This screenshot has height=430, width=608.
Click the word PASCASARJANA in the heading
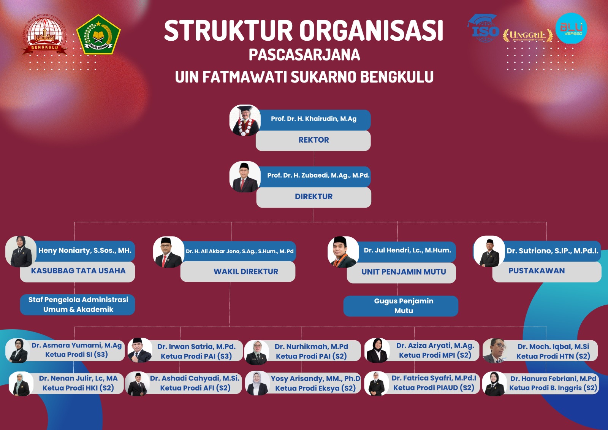(x=304, y=55)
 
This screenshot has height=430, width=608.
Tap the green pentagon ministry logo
(x=98, y=35)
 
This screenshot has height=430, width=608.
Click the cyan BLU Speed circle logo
(x=572, y=28)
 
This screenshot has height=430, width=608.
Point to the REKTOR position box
(x=313, y=140)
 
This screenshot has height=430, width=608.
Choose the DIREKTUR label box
(x=313, y=197)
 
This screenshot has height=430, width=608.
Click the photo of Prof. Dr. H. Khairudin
(x=245, y=121)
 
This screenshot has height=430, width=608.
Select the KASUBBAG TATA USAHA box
(x=78, y=271)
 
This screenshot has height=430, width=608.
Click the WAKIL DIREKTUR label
(x=246, y=271)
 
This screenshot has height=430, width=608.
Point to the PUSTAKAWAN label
(x=537, y=271)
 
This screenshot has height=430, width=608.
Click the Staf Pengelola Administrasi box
(x=78, y=305)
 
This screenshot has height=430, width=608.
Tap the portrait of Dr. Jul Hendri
(x=343, y=252)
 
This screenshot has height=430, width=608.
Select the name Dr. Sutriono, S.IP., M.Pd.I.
(x=553, y=251)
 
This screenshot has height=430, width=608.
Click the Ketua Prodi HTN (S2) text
(x=553, y=356)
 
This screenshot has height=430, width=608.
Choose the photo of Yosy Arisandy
(x=257, y=383)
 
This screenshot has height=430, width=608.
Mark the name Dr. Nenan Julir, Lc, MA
(x=78, y=378)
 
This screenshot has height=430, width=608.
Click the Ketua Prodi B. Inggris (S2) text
(x=553, y=388)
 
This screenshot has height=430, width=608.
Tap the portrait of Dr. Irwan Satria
(x=140, y=351)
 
